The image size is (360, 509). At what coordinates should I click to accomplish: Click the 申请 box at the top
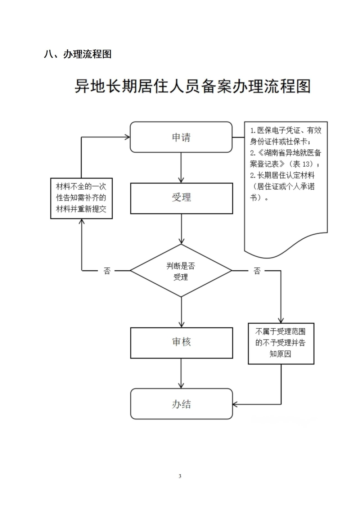pyautogui.click(x=181, y=137)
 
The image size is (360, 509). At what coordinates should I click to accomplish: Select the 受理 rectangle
pyautogui.click(x=181, y=198)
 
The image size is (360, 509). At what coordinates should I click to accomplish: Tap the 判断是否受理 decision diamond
pyautogui.click(x=181, y=271)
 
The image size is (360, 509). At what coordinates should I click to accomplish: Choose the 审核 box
pyautogui.click(x=181, y=343)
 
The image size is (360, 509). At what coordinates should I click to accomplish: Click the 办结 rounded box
pyautogui.click(x=181, y=404)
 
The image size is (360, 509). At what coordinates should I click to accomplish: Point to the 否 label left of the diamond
pyautogui.click(x=107, y=271)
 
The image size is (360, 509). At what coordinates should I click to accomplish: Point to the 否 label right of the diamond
pyautogui.click(x=257, y=271)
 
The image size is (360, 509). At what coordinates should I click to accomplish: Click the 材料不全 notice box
pyautogui.click(x=81, y=198)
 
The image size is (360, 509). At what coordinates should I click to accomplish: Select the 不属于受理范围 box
pyautogui.click(x=281, y=343)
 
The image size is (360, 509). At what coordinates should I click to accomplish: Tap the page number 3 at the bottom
pyautogui.click(x=180, y=476)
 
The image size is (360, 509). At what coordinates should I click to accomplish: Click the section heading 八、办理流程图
pyautogui.click(x=77, y=54)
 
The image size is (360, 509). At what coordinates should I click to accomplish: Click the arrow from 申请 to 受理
pyautogui.click(x=181, y=167)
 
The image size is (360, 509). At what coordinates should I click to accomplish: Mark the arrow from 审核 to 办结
pyautogui.click(x=181, y=373)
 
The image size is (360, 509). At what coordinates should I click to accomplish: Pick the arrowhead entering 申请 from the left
pyautogui.click(x=127, y=137)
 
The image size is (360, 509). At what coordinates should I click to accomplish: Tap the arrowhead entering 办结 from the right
pyautogui.click(x=235, y=404)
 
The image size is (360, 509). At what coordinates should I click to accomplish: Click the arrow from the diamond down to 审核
pyautogui.click(x=181, y=312)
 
